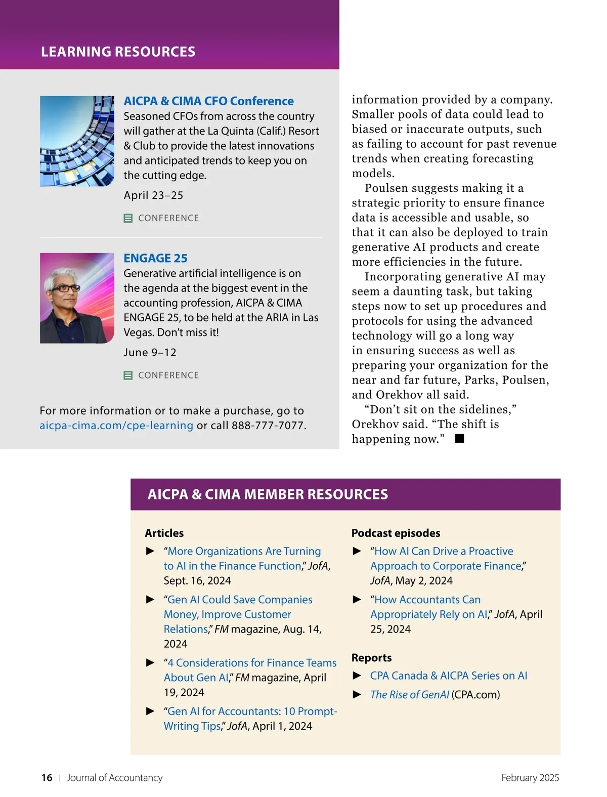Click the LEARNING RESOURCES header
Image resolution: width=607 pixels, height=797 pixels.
pos(118,52)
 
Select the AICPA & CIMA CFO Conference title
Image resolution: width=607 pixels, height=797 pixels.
pos(208,101)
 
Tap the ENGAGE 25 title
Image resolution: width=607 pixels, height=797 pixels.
pos(155,258)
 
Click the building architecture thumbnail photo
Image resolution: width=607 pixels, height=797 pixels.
pos(77,141)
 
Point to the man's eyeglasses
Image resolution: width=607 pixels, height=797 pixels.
pos(66,288)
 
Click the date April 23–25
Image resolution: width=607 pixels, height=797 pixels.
pos(153,195)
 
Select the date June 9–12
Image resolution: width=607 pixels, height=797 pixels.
pos(150,352)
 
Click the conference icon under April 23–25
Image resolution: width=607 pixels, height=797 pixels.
pos(128,218)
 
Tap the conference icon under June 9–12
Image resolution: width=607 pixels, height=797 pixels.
pos(128,375)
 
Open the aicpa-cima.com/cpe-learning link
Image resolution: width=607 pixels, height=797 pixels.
pos(116,426)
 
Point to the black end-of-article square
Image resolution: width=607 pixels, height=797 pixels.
pos(459,439)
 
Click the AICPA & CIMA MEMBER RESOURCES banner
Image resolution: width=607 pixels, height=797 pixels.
pos(268,494)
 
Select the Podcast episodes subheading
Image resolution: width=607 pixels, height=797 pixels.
pos(396,533)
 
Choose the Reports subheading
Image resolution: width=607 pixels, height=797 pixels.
pos(371,658)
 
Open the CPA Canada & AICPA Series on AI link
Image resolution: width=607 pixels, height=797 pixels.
pos(448,676)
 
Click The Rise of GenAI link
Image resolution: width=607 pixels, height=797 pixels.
pos(409,695)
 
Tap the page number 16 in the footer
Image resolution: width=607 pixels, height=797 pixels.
pos(47,778)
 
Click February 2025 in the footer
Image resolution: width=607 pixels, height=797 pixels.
pos(530,778)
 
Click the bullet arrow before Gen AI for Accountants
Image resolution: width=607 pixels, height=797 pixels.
pos(150,711)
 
